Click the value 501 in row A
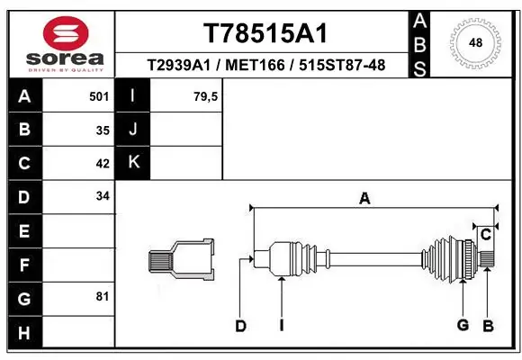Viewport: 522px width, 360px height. (100, 95)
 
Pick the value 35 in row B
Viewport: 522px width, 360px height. (103, 130)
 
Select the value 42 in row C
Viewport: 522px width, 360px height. (103, 164)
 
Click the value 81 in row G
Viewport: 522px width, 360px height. (103, 296)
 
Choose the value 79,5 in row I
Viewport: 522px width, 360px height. (206, 95)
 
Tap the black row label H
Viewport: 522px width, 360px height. (23, 332)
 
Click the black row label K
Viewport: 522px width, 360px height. (134, 163)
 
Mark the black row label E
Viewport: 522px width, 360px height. (23, 231)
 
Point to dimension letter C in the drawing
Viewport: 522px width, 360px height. (485, 235)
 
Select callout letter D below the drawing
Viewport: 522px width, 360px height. (240, 326)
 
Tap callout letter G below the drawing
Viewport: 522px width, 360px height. (463, 325)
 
